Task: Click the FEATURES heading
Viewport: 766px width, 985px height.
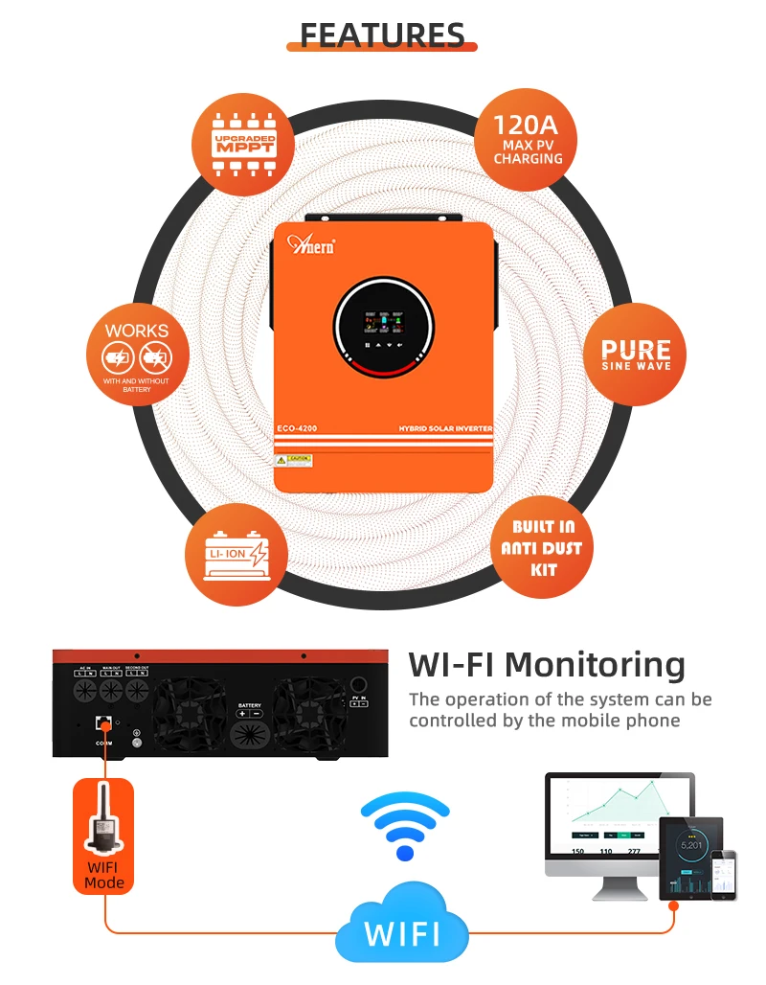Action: [382, 34]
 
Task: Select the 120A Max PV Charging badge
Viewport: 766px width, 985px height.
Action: [528, 140]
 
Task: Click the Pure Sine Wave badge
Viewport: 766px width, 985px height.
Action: [636, 353]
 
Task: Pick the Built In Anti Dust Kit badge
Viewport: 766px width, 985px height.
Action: [542, 549]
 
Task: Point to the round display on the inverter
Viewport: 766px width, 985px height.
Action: [382, 327]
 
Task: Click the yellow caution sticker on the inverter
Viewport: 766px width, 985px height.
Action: [300, 460]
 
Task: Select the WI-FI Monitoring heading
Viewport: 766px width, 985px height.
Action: [547, 664]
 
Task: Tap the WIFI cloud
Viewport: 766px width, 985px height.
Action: [402, 930]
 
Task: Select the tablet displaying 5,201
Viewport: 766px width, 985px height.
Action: [690, 856]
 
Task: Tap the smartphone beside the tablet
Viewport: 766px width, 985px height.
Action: [731, 873]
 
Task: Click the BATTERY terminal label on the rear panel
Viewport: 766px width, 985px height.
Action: [249, 705]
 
